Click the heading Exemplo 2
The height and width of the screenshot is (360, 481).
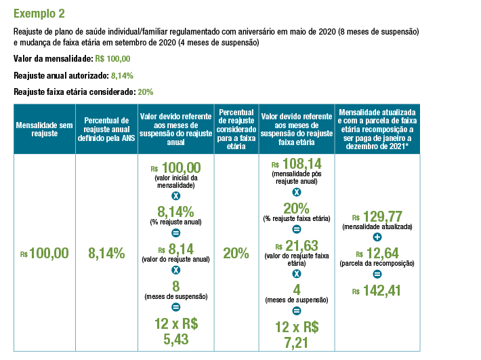40,12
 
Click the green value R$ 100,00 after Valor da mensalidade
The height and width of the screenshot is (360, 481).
112,58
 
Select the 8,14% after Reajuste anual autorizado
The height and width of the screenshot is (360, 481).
122,75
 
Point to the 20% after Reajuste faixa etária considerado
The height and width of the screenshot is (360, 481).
146,92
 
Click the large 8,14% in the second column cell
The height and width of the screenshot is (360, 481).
106,254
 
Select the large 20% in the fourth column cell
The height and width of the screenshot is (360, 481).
236,254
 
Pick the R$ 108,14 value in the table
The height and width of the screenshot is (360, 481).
295,165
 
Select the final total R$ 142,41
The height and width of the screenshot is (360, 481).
377,291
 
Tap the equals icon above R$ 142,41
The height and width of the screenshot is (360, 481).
377,274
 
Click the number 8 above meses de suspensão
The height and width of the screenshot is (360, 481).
175,285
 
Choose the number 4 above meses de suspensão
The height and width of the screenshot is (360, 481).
295,289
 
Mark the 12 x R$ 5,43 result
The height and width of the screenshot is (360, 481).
176,330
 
